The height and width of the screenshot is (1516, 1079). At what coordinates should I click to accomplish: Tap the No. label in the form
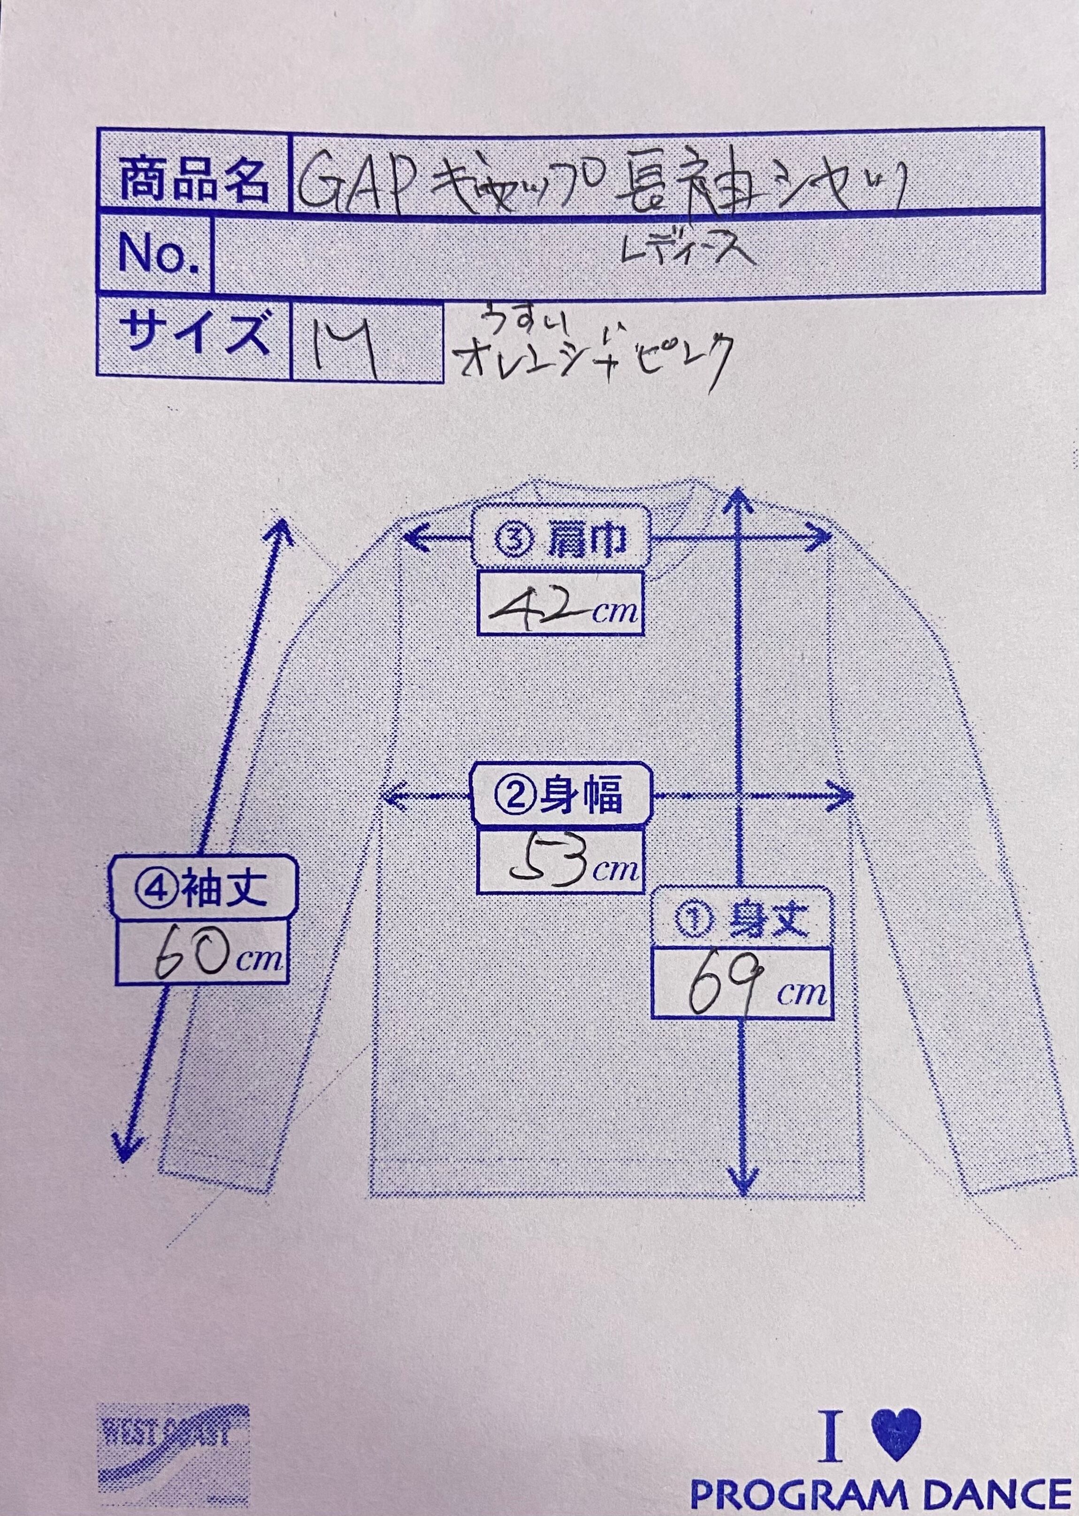tap(158, 254)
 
